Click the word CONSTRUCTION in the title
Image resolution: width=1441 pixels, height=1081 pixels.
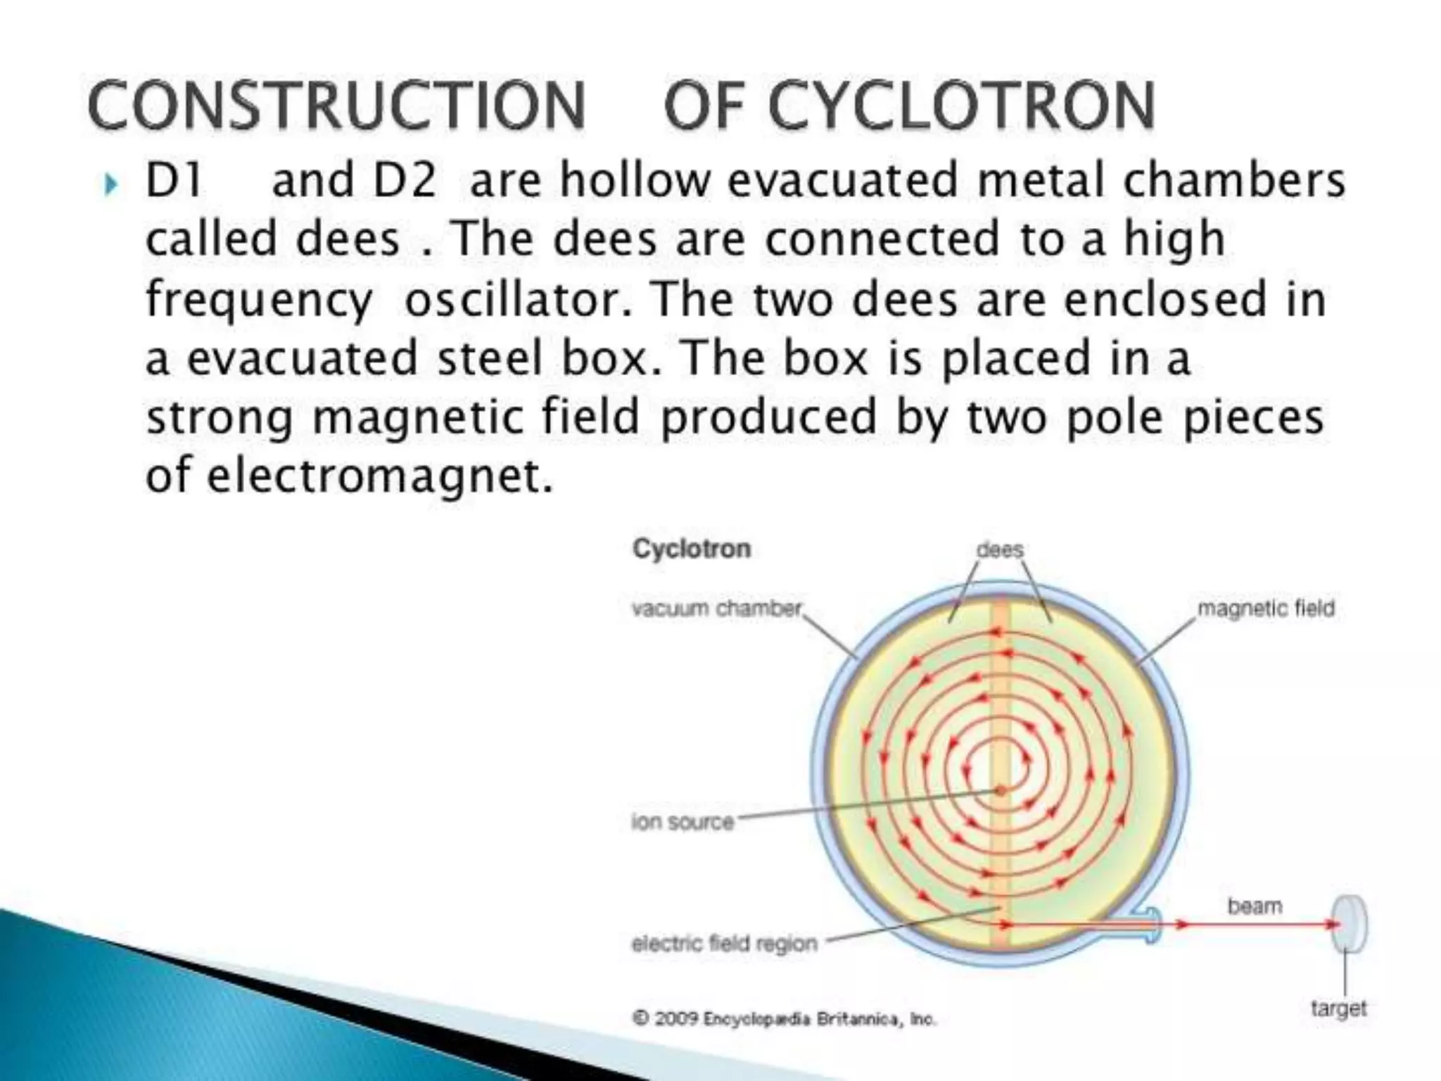pos(336,106)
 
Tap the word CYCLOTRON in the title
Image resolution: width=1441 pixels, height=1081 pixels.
pos(961,106)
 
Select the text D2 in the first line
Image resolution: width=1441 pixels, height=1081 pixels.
pos(405,180)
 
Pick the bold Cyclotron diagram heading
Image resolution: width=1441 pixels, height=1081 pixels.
pos(692,548)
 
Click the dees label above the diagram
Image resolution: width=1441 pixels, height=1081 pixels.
pos(999,550)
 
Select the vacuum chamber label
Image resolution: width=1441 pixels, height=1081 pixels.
pos(716,608)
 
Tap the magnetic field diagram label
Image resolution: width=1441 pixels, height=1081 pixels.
pos(1265,608)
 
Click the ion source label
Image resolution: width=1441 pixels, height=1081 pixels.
pos(683,821)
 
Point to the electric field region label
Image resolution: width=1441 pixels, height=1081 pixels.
pos(724,943)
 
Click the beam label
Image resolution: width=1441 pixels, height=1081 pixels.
pos(1255,906)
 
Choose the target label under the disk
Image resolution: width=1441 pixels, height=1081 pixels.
pos(1338,1009)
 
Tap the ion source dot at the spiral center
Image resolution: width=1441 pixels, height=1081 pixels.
pos(1000,791)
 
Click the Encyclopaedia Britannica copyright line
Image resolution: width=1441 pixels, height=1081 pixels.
pos(784,1018)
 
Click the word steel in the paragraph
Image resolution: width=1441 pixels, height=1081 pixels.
pos(490,358)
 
